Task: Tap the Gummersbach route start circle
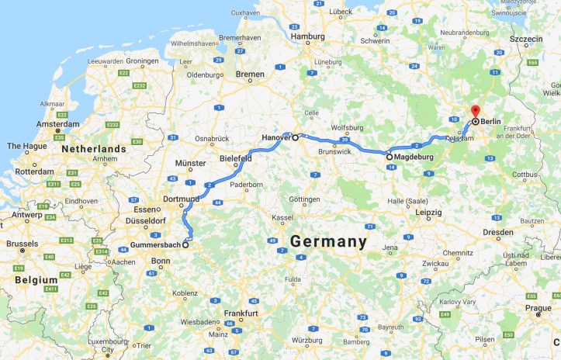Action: point(185,245)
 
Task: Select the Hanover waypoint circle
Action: point(295,137)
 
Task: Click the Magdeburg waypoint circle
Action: point(389,157)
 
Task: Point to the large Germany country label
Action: point(328,242)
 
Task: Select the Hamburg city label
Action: point(307,36)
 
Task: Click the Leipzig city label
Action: point(428,212)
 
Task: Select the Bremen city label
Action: point(250,74)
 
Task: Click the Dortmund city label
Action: point(182,199)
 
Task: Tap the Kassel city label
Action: point(282,218)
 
